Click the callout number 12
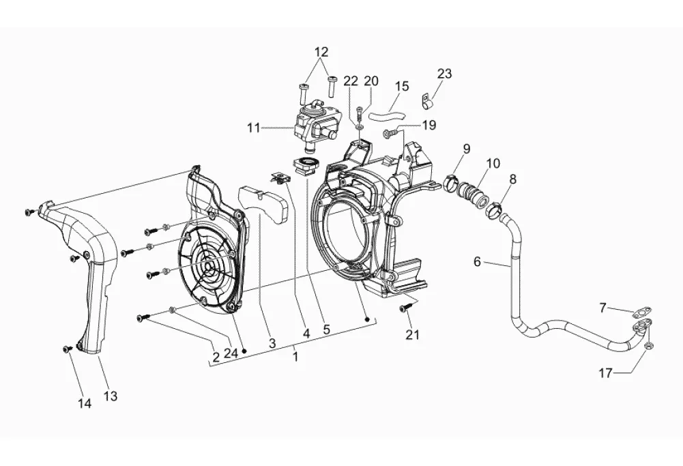click(321, 52)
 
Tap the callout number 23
click(445, 74)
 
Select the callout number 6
click(478, 262)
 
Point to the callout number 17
click(606, 373)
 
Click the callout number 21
click(413, 334)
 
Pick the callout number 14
click(85, 404)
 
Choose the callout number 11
click(254, 128)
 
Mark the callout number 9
click(467, 149)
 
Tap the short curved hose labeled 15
click(387, 116)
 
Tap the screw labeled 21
click(403, 308)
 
